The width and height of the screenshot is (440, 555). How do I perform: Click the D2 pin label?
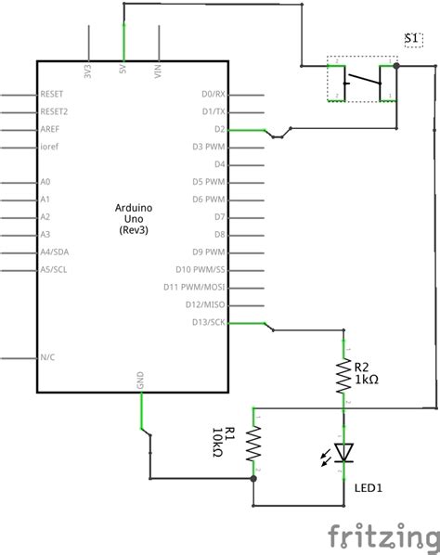coord(219,129)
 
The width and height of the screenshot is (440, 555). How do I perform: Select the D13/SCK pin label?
coord(208,322)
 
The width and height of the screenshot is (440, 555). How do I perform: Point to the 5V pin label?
coord(123,71)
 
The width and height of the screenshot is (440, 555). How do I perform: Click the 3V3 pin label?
coord(88,71)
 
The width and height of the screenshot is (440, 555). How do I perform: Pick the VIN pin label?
coord(159,71)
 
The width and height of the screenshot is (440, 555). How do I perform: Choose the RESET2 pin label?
coord(55,111)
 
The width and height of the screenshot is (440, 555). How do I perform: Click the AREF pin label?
coord(50,129)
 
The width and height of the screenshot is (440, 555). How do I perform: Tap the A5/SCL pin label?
coord(55,269)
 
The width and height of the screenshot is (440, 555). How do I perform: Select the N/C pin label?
coord(48,357)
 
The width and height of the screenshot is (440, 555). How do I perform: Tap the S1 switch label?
coord(414,37)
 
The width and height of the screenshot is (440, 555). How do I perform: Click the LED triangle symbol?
coord(344,452)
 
